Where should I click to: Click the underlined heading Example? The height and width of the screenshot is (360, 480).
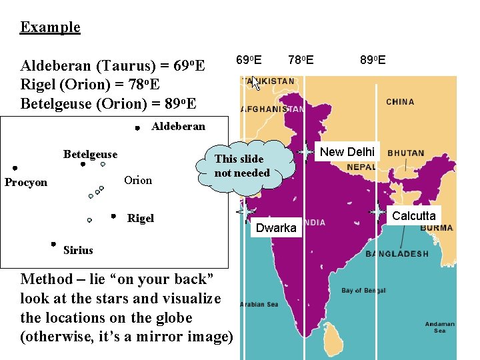coord(50,27)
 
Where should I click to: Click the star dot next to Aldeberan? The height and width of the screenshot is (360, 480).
coord(135,127)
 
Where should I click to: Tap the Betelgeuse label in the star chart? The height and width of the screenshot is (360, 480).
coord(90,155)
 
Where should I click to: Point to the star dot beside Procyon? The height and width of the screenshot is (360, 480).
coord(15,168)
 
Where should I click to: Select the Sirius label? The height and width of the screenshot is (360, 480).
coord(78,250)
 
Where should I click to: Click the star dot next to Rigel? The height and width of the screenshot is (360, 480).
coord(114,216)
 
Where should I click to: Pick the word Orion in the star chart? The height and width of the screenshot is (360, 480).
coord(138,180)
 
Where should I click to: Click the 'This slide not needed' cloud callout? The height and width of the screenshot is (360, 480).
coord(243,165)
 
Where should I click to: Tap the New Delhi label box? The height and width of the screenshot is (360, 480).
coord(348,151)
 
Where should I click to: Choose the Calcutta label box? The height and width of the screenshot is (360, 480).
coord(413,215)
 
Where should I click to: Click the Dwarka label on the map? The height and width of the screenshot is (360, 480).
coord(276,228)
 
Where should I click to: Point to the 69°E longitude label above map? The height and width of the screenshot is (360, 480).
coord(249,61)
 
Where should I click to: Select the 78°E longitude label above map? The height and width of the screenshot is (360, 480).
coord(301,61)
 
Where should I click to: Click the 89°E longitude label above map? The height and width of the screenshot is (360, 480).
coord(373,61)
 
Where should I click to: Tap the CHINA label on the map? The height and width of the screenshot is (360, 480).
coord(400,102)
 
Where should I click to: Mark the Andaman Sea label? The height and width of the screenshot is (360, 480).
coord(440,327)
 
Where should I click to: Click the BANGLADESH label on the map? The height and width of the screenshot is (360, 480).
coord(397,253)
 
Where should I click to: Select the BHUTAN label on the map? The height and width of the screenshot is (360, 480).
coord(405,153)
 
